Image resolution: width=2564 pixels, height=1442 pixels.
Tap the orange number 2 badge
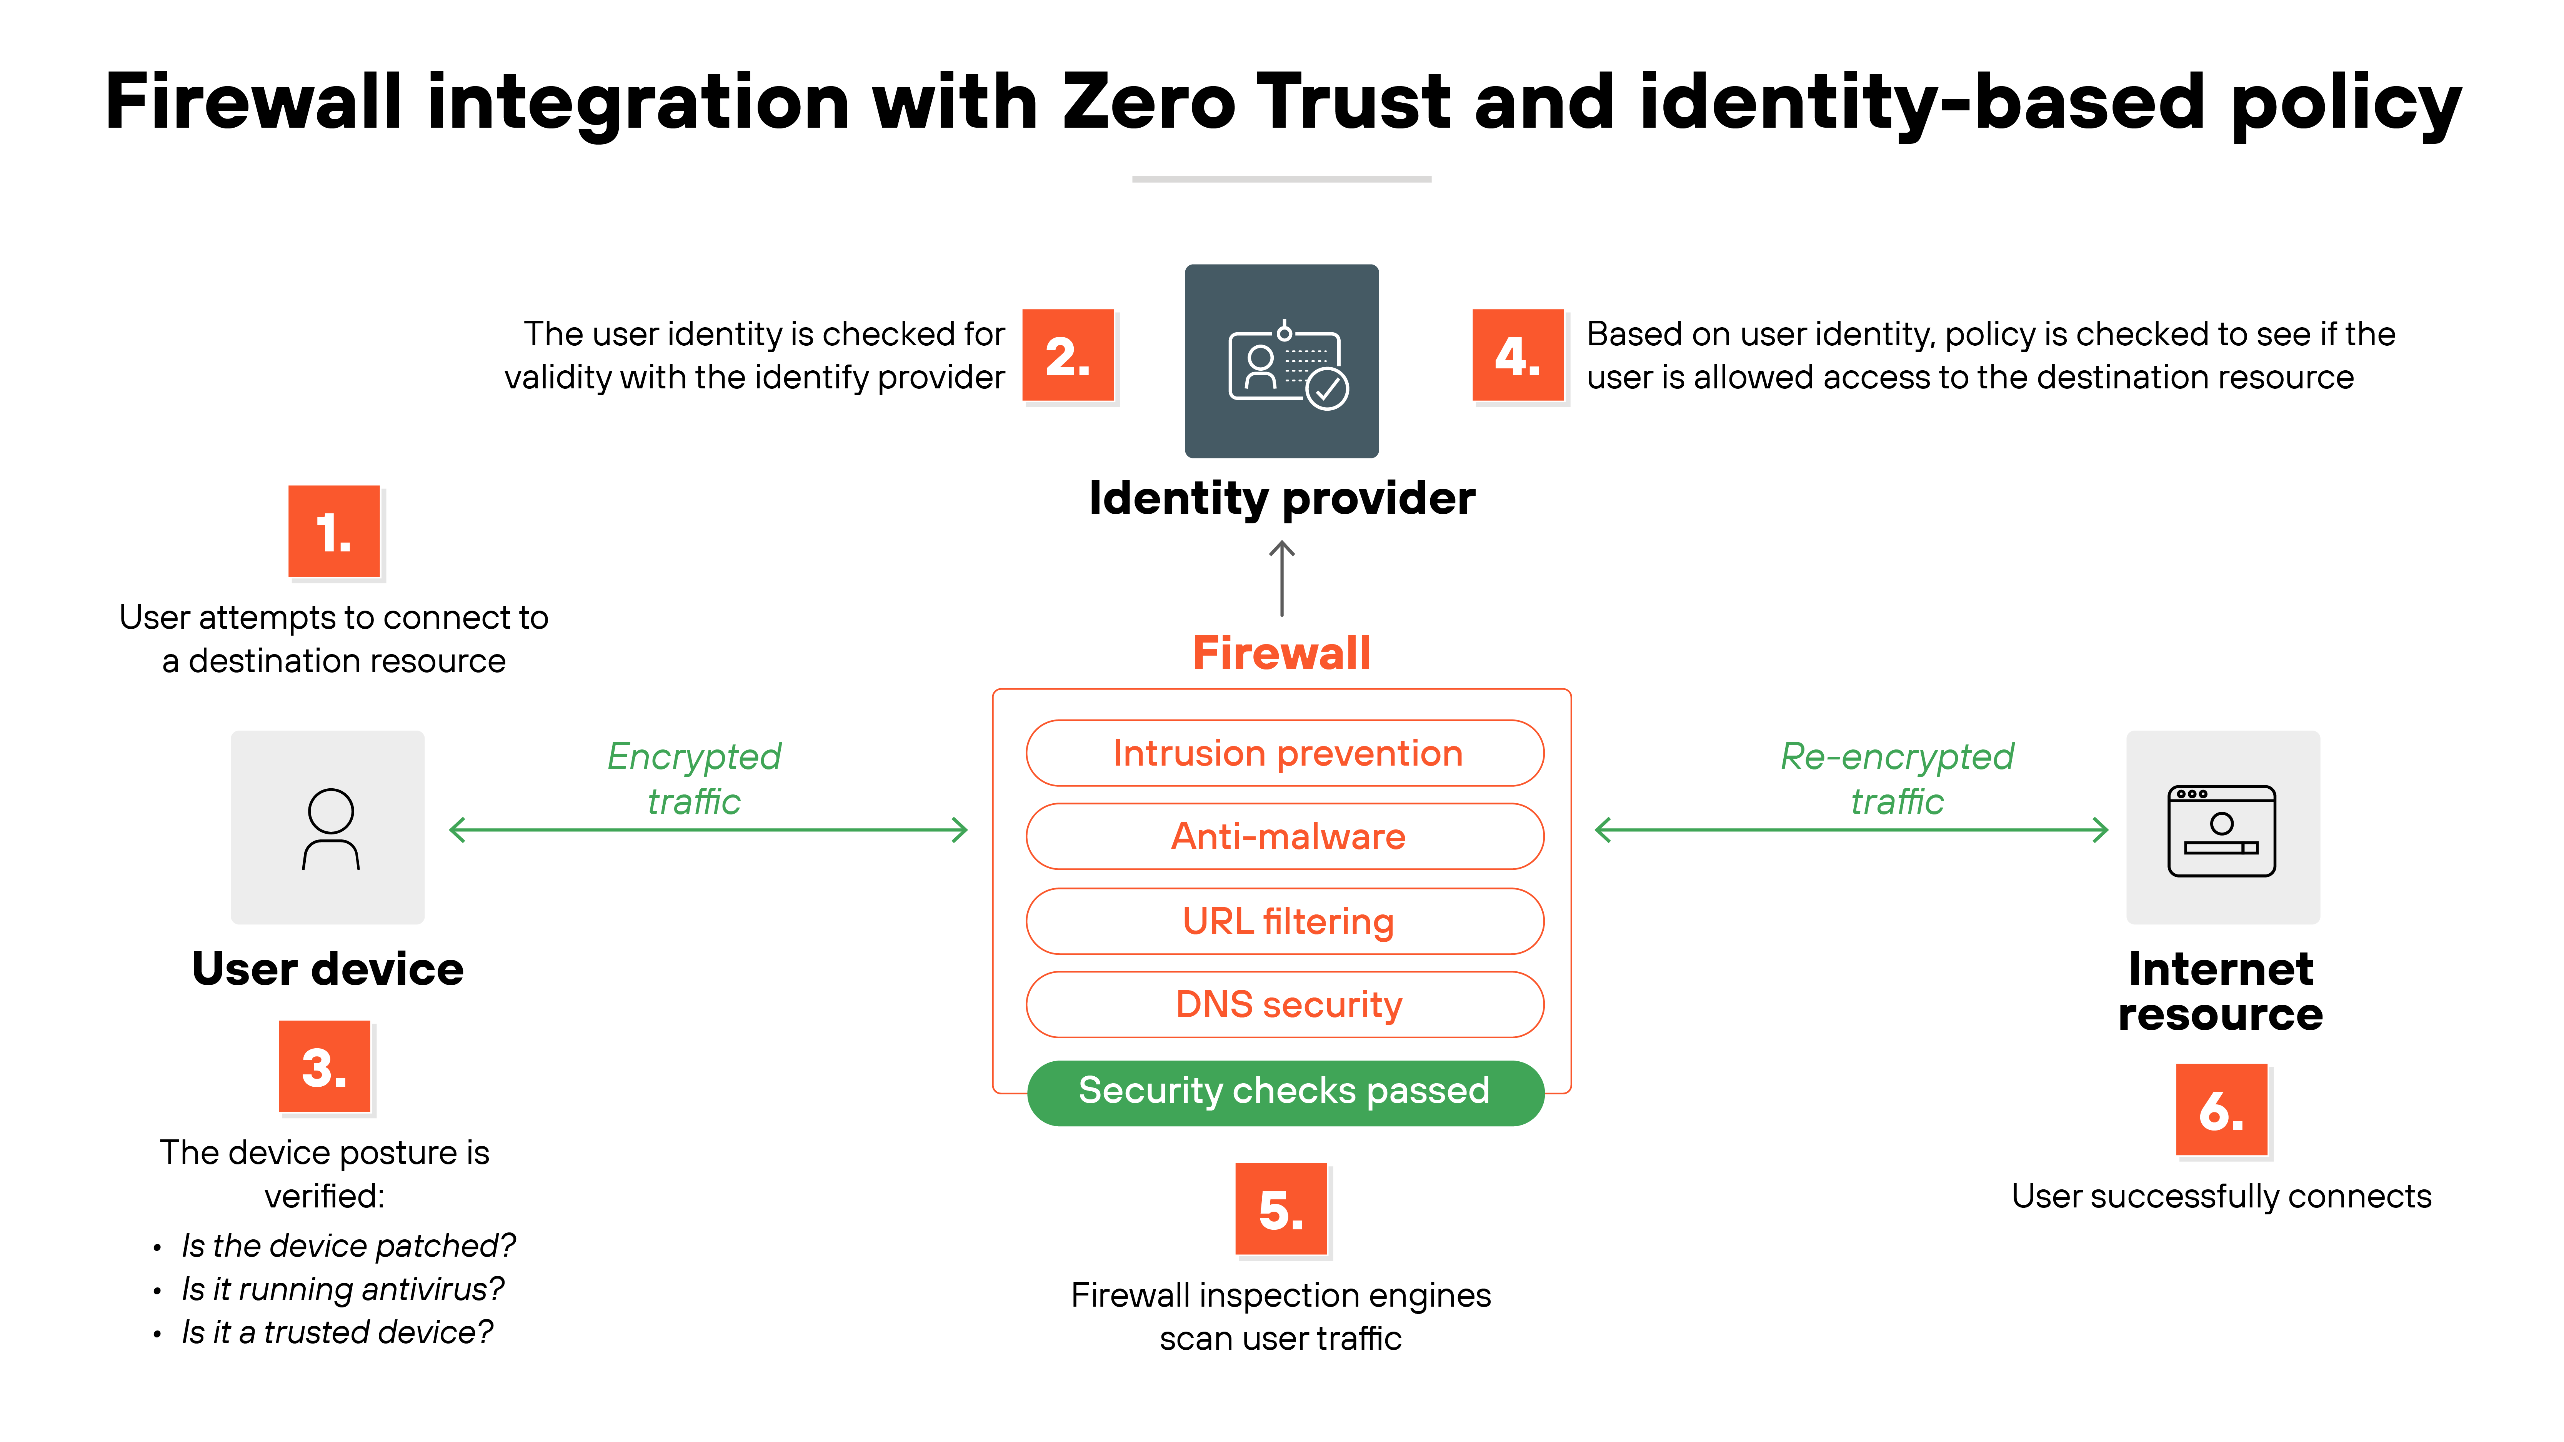tap(1068, 355)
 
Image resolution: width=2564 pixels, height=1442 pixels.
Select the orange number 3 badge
tap(325, 1067)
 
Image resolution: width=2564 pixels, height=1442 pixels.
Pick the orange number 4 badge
tap(1518, 355)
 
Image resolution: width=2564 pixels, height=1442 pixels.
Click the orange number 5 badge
tap(1281, 1209)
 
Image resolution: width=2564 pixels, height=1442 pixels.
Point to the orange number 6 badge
tap(2222, 1110)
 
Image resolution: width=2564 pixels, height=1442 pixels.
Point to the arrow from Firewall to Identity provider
tap(1282, 579)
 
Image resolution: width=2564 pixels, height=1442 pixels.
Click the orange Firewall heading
tap(1282, 654)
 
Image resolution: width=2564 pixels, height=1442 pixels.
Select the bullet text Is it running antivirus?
tap(342, 1290)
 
